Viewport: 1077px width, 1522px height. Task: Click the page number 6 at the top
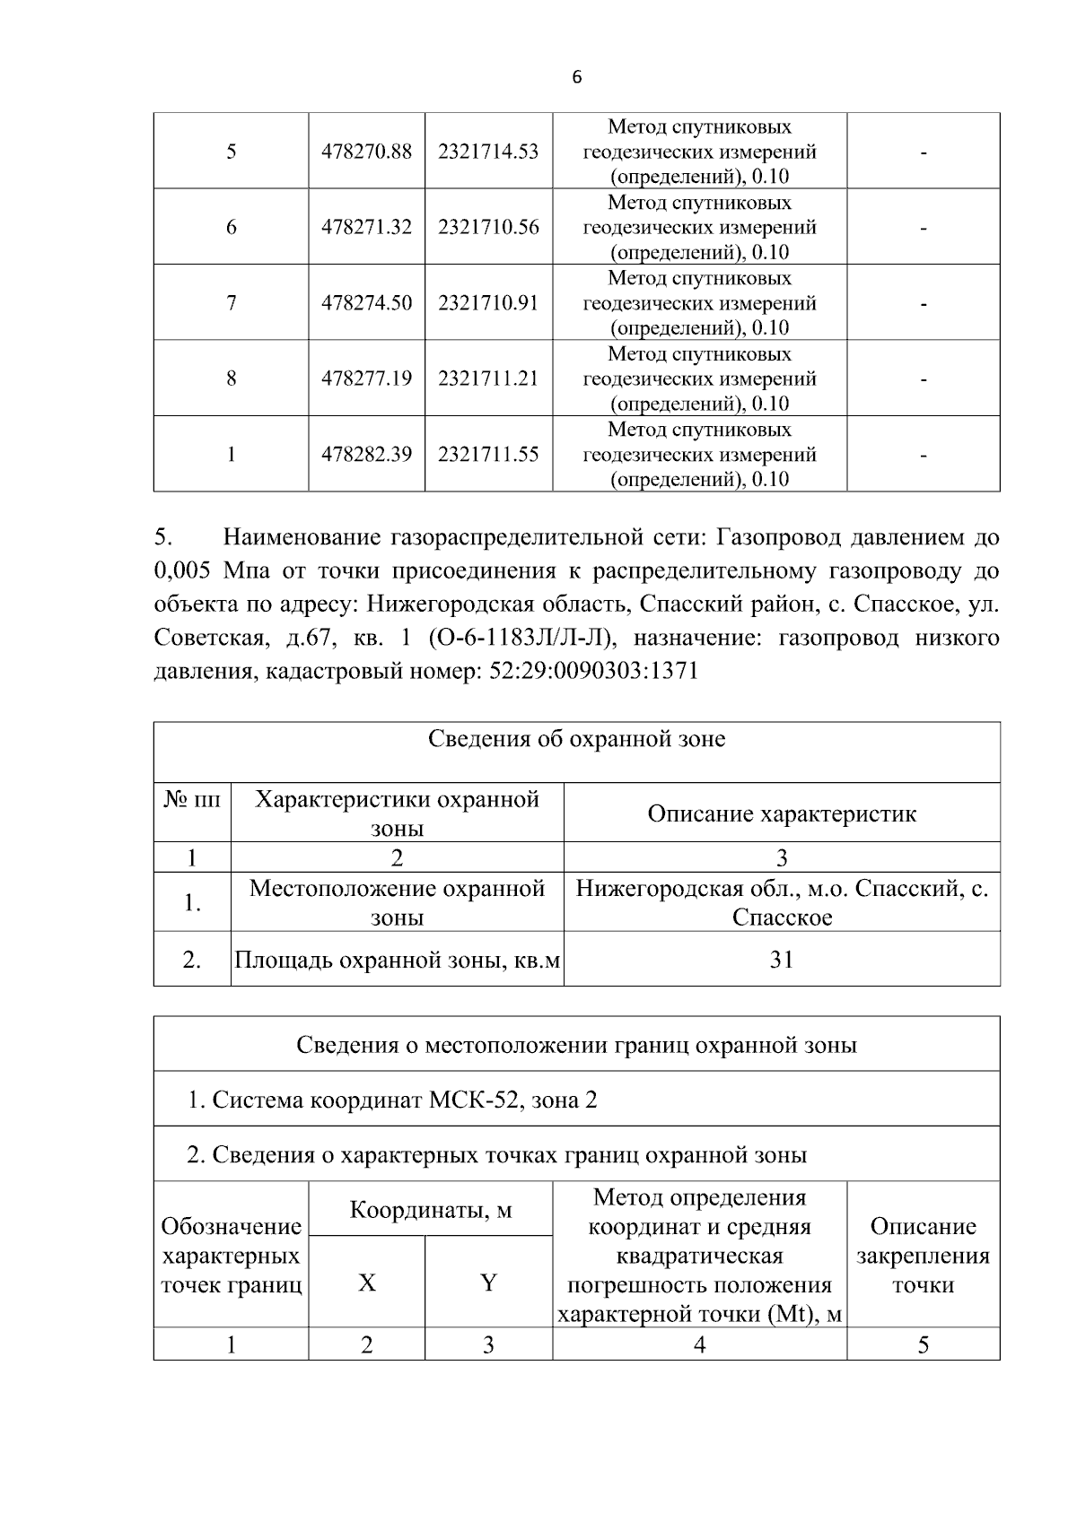tap(576, 78)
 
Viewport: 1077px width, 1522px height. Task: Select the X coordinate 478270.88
tap(366, 152)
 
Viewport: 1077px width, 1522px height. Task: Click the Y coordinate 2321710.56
tap(488, 227)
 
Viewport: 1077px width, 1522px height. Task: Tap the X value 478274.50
tap(366, 303)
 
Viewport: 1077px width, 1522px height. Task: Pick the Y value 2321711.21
tap(488, 378)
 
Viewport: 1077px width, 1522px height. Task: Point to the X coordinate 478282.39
tap(366, 455)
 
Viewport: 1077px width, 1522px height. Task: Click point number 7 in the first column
tap(231, 303)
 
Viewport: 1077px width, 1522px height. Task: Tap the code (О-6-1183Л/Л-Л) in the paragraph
tap(521, 639)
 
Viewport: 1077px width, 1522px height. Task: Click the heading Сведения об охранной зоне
tap(576, 740)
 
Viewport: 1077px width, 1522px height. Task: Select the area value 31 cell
tap(781, 960)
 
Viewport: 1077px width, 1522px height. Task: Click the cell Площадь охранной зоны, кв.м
tap(397, 961)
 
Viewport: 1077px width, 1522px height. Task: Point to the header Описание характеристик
tap(781, 813)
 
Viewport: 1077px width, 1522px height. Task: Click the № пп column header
tap(191, 799)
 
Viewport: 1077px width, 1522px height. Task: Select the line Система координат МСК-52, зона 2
tap(392, 1100)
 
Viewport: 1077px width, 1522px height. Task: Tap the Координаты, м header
tap(431, 1210)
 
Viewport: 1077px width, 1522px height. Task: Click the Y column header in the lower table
tap(488, 1283)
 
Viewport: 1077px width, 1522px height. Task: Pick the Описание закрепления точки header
tap(923, 1256)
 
